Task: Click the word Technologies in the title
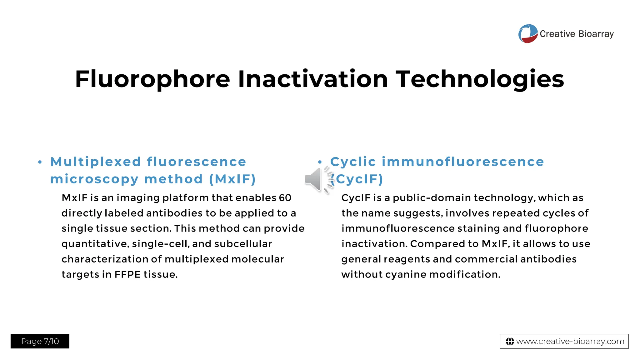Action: (480, 79)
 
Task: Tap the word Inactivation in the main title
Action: (313, 79)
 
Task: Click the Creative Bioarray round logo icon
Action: (528, 33)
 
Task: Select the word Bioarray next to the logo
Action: (596, 34)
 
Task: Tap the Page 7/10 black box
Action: (40, 341)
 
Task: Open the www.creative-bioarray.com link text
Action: (570, 342)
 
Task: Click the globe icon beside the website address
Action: (510, 342)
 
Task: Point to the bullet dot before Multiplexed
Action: (40, 162)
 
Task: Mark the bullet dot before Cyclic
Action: (320, 162)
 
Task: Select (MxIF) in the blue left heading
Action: (232, 179)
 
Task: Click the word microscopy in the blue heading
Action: (94, 179)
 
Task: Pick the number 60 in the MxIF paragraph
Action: (285, 198)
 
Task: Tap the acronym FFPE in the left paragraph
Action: (127, 274)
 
